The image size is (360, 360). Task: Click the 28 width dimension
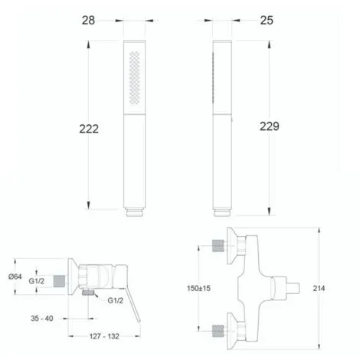click(88, 21)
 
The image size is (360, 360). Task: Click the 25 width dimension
click(267, 21)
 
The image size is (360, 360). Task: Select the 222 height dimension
click(89, 129)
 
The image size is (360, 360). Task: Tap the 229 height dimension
click(270, 126)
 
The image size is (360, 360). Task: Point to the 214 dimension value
click(319, 288)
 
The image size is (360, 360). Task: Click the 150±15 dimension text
click(198, 288)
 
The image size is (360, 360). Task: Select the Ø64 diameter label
click(15, 277)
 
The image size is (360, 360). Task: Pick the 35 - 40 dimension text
click(42, 319)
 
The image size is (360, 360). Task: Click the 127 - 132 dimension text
click(104, 336)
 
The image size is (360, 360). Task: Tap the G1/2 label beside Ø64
click(37, 281)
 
